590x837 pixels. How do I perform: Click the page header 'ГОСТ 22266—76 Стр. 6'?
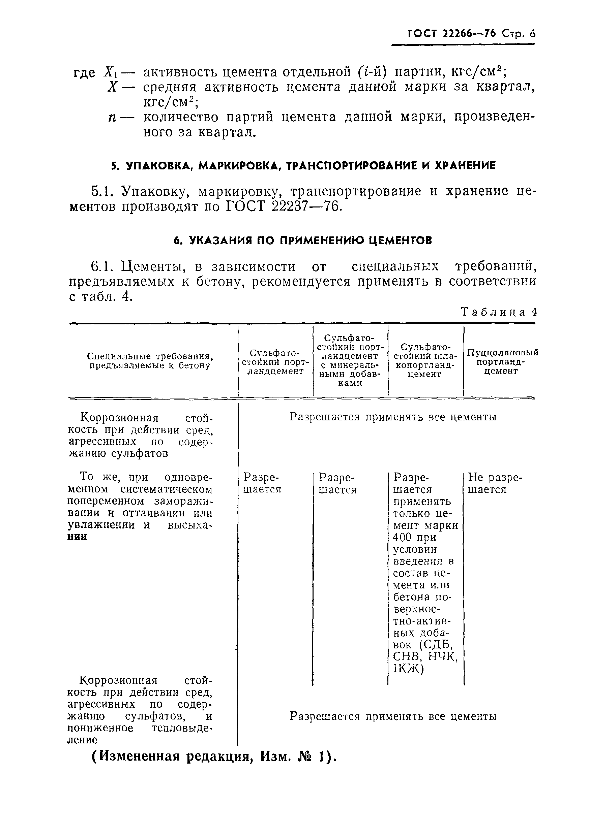click(471, 34)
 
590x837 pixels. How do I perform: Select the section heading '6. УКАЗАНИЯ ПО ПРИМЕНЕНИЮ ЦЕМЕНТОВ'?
click(302, 240)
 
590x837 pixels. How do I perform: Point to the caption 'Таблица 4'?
click(499, 312)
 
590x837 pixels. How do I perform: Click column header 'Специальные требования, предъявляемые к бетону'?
click(150, 361)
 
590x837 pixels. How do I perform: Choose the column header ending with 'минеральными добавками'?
click(350, 360)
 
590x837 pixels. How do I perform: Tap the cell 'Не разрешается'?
click(495, 483)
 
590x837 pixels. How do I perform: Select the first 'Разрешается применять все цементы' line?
click(393, 417)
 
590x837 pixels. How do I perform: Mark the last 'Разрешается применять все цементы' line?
click(393, 716)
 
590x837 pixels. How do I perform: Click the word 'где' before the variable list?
click(84, 72)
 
